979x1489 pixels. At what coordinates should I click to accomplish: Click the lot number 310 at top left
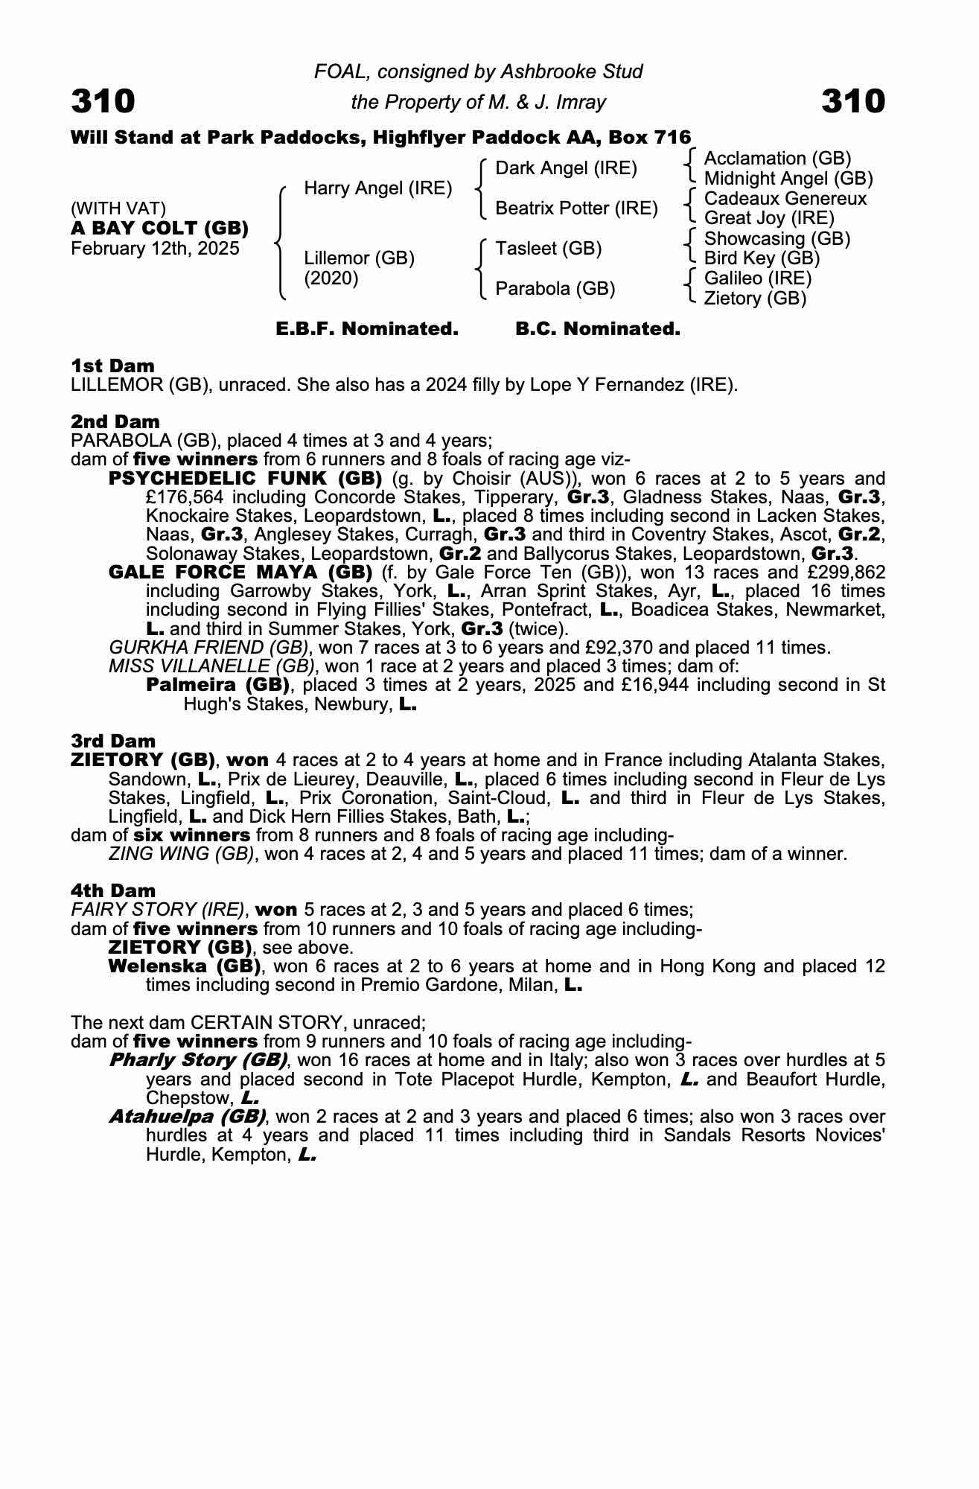pyautogui.click(x=103, y=101)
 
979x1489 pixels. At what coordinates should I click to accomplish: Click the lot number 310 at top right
pyautogui.click(x=853, y=101)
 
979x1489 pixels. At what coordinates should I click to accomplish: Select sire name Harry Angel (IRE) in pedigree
pyautogui.click(x=378, y=188)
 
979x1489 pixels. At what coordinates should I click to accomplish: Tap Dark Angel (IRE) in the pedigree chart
pyautogui.click(x=566, y=168)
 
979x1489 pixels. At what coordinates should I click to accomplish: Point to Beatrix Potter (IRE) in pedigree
pyautogui.click(x=576, y=208)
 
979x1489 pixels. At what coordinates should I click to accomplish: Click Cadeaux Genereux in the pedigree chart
pyautogui.click(x=785, y=199)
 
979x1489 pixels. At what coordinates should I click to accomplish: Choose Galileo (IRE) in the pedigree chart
pyautogui.click(x=757, y=278)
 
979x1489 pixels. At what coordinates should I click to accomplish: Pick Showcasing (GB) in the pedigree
pyautogui.click(x=776, y=239)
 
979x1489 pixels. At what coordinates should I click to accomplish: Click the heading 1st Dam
pyautogui.click(x=112, y=366)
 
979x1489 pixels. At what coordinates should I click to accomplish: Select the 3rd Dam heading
pyautogui.click(x=113, y=741)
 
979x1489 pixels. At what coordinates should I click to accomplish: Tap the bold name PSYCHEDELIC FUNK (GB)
pyautogui.click(x=246, y=478)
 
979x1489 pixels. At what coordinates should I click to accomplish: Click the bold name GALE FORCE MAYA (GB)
pyautogui.click(x=240, y=572)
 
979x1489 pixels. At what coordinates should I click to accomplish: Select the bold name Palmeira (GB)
pyautogui.click(x=217, y=684)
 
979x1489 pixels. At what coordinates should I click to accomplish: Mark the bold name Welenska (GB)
pyautogui.click(x=185, y=966)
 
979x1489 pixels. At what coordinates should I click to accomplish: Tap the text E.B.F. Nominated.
pyautogui.click(x=367, y=329)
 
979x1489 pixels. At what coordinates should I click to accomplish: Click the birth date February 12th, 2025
pyautogui.click(x=155, y=249)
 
